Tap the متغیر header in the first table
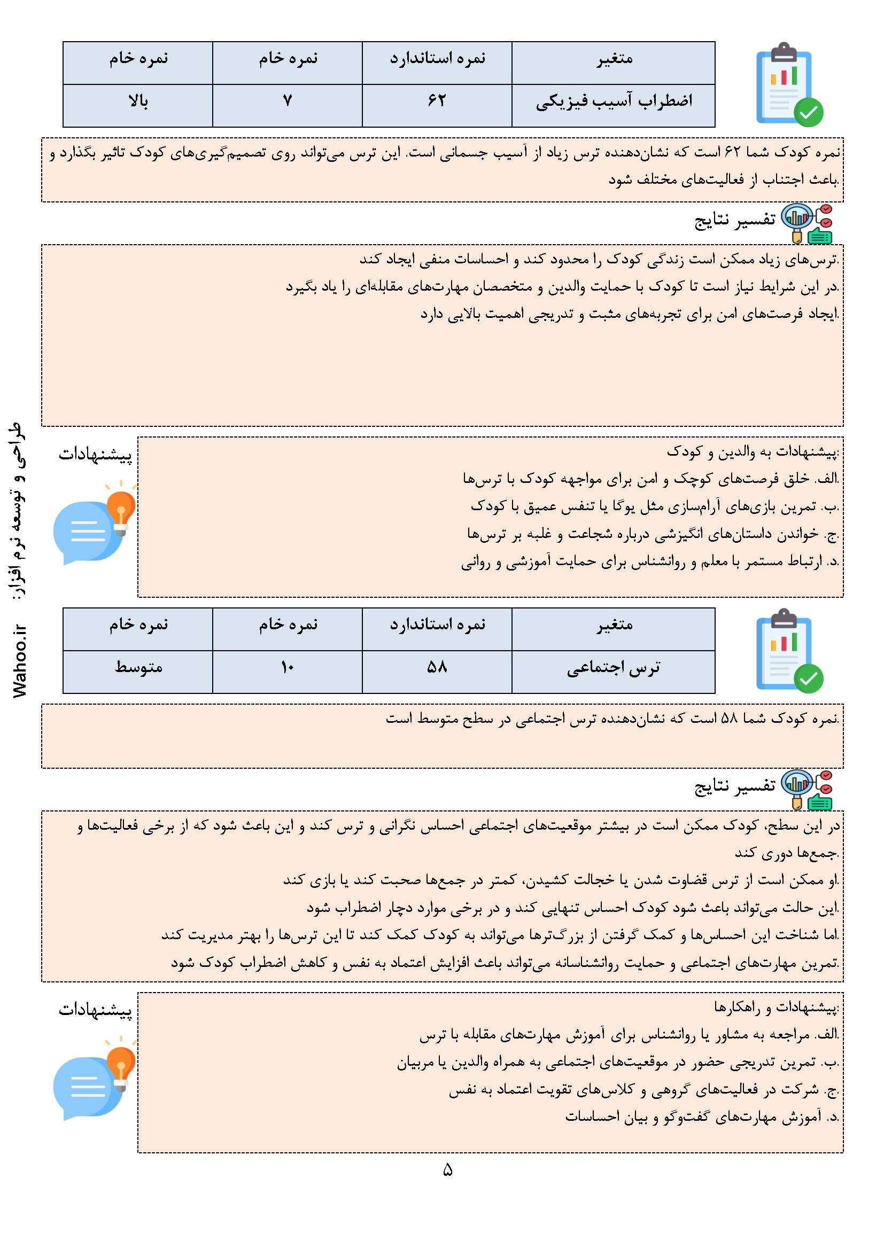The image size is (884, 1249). click(x=614, y=59)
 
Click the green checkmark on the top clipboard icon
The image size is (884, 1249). click(x=808, y=112)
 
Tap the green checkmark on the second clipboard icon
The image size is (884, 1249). click(x=808, y=678)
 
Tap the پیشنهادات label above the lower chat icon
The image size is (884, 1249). click(x=95, y=1010)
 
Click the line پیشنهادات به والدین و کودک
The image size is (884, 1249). click(x=754, y=452)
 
